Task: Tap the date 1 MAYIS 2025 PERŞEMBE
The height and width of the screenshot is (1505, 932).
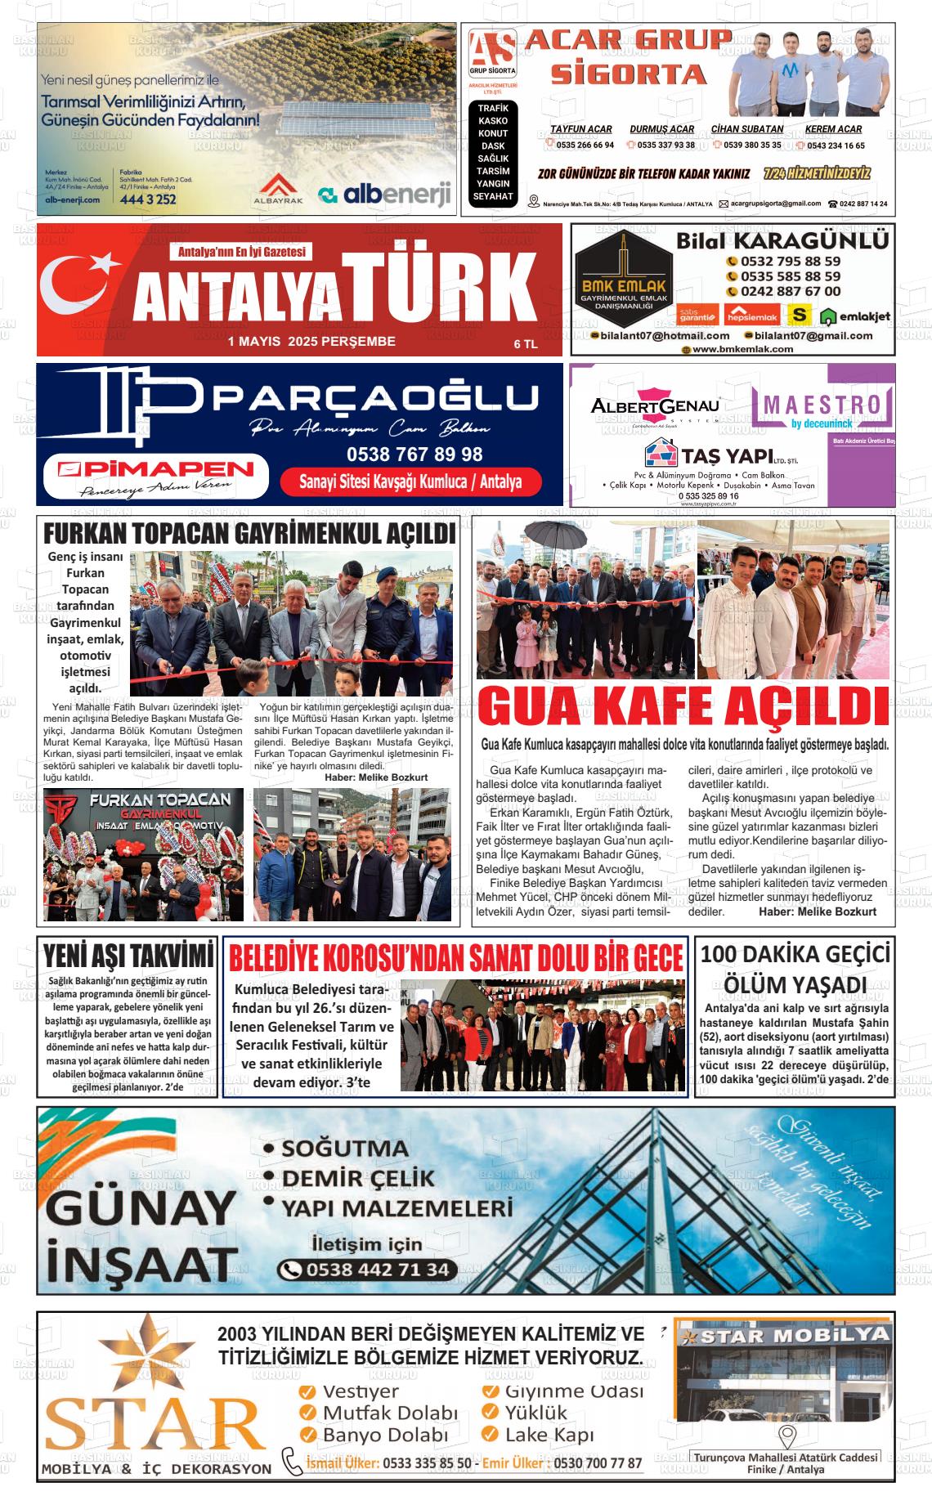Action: tap(311, 342)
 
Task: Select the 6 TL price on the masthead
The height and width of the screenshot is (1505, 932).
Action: tap(525, 344)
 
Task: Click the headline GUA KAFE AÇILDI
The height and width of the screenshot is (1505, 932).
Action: tap(683, 708)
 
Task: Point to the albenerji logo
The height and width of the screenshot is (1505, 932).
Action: tap(385, 194)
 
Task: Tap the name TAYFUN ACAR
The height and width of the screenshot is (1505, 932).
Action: tap(580, 129)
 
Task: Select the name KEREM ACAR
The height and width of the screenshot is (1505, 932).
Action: tap(833, 129)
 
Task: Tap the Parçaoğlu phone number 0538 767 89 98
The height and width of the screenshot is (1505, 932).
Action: tap(414, 454)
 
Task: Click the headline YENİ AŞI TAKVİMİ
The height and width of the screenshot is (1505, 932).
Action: tap(128, 955)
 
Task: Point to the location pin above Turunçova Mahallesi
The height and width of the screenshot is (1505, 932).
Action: tap(786, 1436)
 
